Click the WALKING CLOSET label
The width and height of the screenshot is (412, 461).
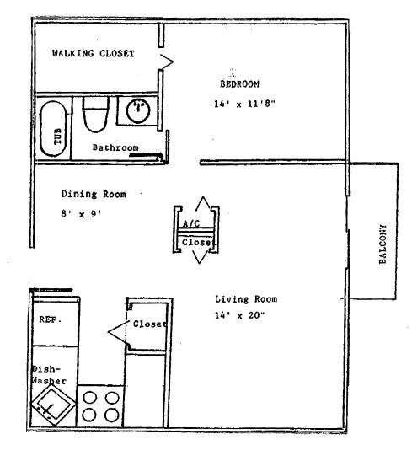point(94,53)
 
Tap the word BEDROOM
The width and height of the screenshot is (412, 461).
point(240,84)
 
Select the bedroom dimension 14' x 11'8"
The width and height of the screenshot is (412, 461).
point(244,104)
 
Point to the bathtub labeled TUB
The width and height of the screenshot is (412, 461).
point(53,128)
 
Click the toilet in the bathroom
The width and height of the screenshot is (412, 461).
point(95,115)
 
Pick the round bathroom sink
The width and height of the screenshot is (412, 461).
point(138,111)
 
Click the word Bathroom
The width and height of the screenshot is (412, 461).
point(115,147)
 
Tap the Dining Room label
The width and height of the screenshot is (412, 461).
point(94,194)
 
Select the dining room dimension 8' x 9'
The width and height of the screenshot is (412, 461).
point(82,214)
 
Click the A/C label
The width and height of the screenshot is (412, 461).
point(191,223)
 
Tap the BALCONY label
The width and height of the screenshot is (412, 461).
point(383,244)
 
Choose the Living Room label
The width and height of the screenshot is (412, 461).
point(246,299)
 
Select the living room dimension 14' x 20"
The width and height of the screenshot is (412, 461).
point(240,315)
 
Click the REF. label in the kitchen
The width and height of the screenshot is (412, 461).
point(51,319)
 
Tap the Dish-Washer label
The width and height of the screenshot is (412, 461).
point(49,375)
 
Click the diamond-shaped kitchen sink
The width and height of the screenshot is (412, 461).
point(53,405)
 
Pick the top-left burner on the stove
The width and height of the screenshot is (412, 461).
point(89,398)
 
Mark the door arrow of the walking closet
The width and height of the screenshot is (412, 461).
point(169,62)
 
